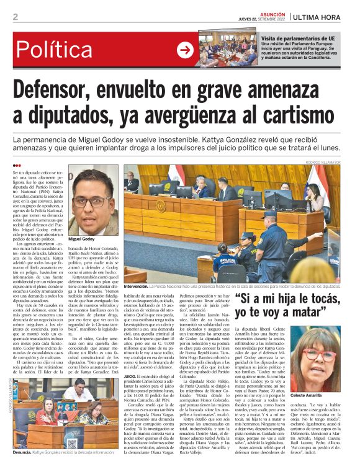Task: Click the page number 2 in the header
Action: coord(16,17)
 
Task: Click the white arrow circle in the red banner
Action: coord(186,50)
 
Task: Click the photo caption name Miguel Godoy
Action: coord(82,239)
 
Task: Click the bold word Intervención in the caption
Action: coord(135,287)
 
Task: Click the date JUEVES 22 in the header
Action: coord(248,19)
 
